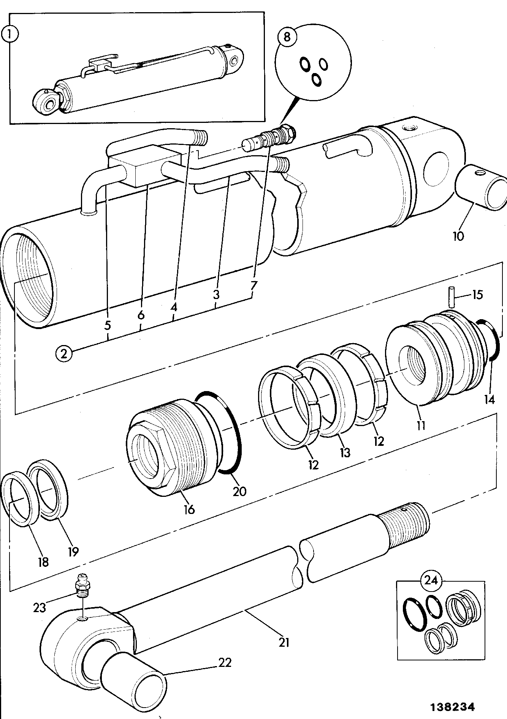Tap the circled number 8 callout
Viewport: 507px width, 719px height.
point(287,37)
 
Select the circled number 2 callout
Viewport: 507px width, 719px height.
point(63,354)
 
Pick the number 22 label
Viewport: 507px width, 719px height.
point(225,662)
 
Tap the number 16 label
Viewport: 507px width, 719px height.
point(189,509)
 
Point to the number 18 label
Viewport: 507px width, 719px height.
point(43,562)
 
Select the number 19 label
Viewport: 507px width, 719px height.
point(73,551)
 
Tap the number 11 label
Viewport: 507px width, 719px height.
point(421,425)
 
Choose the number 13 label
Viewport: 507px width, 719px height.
point(344,452)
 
